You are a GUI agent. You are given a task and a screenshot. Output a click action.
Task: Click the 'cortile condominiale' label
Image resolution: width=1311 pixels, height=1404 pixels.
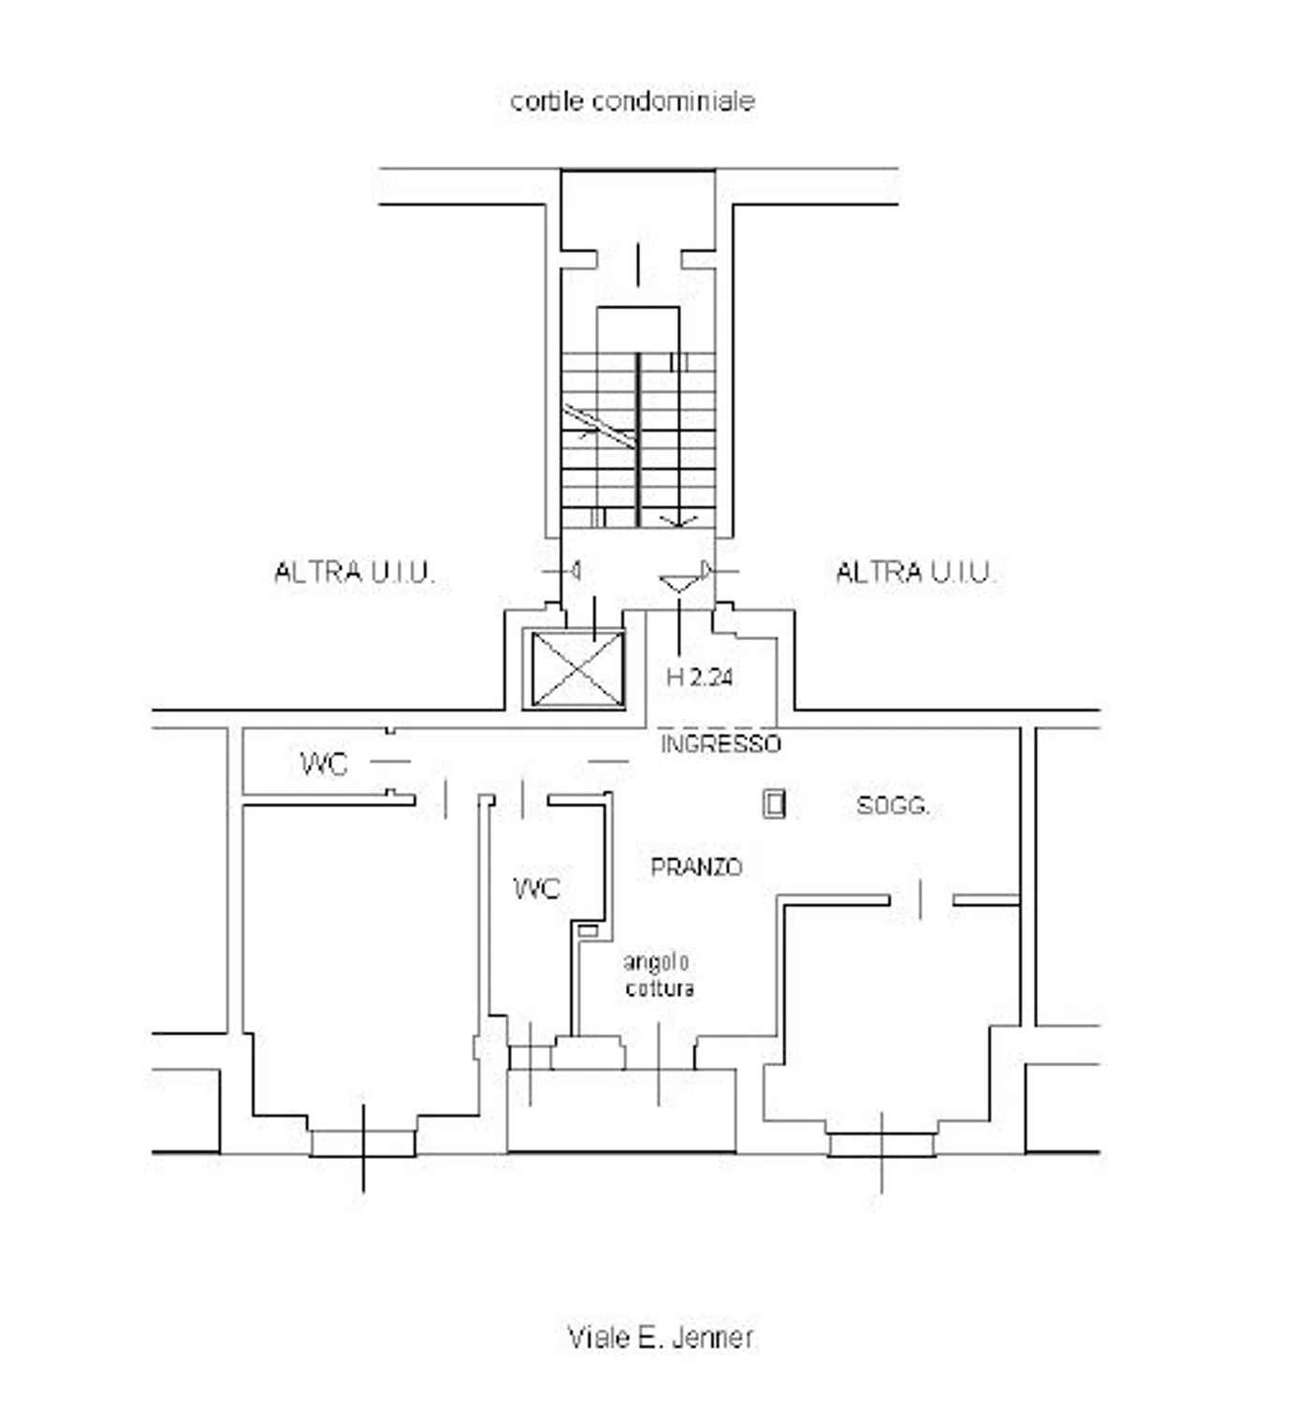[x=632, y=101]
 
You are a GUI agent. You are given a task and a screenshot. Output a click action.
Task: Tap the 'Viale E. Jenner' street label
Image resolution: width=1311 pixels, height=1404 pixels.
[x=660, y=1336]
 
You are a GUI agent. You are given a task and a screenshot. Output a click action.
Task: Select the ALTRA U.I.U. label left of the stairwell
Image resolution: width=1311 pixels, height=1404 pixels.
[x=353, y=571]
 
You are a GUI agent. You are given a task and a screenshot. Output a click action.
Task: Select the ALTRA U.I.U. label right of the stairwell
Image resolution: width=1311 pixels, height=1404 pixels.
[x=915, y=571]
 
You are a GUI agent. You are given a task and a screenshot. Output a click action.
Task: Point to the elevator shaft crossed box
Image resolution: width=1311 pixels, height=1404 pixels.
[x=577, y=669]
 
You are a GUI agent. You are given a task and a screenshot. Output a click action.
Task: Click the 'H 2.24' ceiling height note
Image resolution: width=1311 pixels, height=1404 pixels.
[x=699, y=678]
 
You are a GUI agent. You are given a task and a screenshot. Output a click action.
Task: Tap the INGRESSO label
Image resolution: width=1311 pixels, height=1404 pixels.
[x=721, y=743]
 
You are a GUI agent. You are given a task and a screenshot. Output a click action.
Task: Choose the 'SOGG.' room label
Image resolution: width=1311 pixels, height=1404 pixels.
[x=893, y=805]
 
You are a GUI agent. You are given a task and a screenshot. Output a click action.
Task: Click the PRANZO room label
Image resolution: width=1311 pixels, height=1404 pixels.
[x=696, y=867]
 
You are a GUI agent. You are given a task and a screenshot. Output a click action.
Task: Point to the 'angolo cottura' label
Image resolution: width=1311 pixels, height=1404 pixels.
[x=659, y=974]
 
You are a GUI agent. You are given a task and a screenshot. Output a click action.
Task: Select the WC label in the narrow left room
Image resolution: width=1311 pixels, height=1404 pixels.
[x=324, y=764]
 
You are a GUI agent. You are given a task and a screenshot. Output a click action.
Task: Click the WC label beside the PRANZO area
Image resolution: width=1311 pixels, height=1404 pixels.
[x=536, y=888]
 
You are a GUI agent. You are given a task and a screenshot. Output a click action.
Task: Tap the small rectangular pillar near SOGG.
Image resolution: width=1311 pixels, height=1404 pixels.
[x=774, y=804]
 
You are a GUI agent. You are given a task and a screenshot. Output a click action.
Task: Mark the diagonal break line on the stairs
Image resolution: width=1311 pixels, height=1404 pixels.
[x=599, y=426]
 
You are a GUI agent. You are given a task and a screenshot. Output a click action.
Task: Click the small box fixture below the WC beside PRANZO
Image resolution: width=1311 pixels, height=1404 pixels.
[x=587, y=930]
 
